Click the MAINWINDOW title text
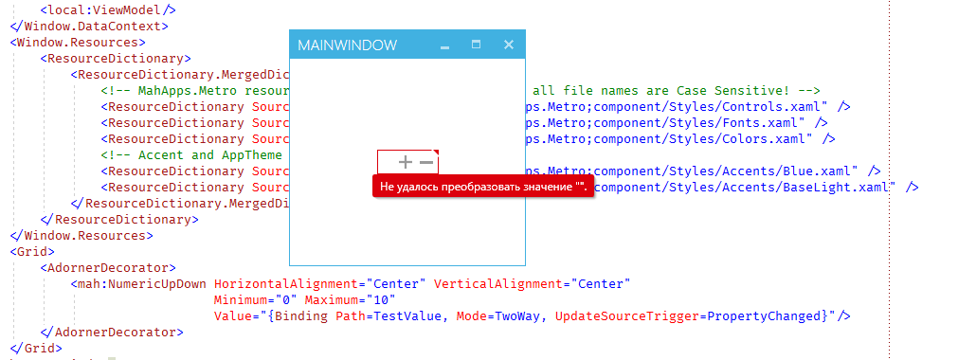[x=347, y=45]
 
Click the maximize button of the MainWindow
[x=477, y=45]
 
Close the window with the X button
[x=509, y=45]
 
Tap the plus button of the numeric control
[x=406, y=162]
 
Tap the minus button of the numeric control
[x=426, y=162]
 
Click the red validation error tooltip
[x=482, y=188]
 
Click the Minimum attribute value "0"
[x=286, y=299]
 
